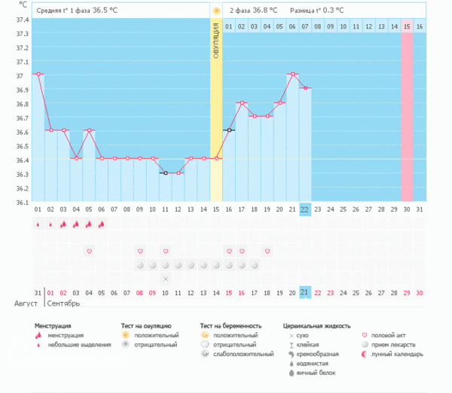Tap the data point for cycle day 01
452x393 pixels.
coord(38,74)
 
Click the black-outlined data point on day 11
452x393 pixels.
coord(165,172)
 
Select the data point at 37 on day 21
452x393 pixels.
coord(292,74)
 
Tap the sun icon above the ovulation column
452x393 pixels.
coord(216,11)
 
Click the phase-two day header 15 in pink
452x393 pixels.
coord(407,26)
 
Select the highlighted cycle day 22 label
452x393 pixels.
coord(304,209)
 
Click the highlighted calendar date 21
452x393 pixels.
coord(304,292)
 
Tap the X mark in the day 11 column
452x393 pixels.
coord(165,279)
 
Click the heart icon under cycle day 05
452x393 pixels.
coord(89,251)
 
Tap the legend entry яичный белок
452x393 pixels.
coord(316,373)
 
